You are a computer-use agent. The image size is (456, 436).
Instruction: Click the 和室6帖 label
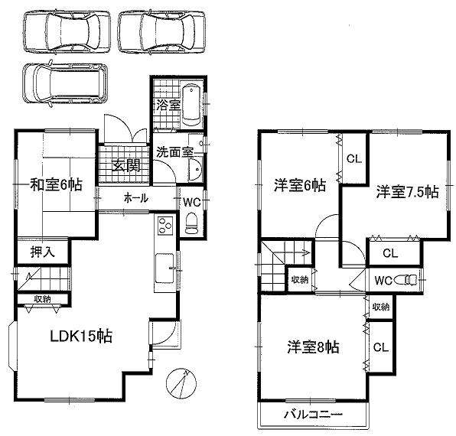coord(57,184)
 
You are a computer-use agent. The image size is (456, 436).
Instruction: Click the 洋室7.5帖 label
coord(406,192)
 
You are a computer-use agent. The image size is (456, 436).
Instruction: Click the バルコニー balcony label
coord(314,415)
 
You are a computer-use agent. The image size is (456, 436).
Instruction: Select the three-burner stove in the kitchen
coord(165,227)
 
